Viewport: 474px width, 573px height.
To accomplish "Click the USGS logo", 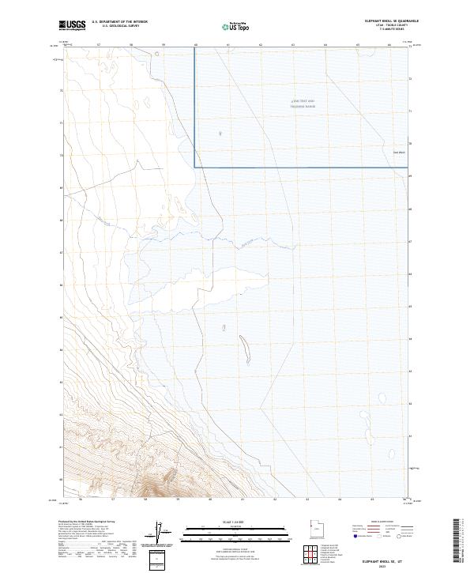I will pyautogui.click(x=73, y=25).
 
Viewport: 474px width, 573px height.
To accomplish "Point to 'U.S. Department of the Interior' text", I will pyautogui.click(x=119, y=22).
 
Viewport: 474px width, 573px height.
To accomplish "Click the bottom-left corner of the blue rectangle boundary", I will pyautogui.click(x=195, y=167).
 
